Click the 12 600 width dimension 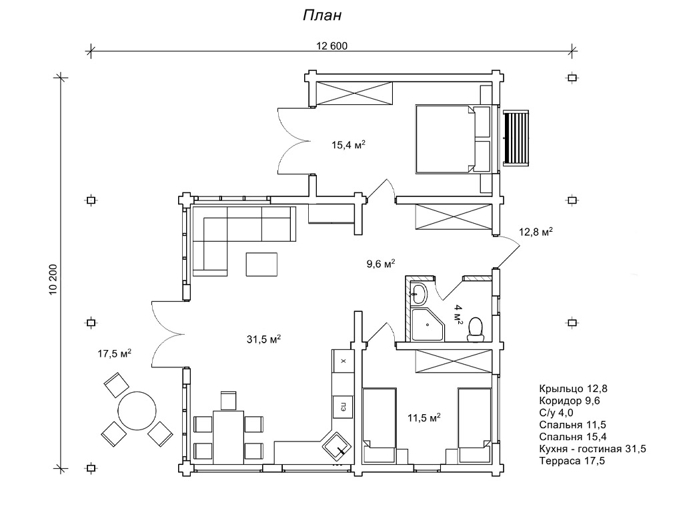point(332,46)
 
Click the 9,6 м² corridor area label point(381,263)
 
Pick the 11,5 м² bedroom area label point(424,418)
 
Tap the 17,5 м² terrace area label point(114,353)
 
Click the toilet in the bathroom point(476,327)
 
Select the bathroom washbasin point(419,291)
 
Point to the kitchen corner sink point(337,445)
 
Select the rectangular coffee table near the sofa point(263,263)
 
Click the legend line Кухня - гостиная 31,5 point(592,448)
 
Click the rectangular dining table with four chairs point(228,437)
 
